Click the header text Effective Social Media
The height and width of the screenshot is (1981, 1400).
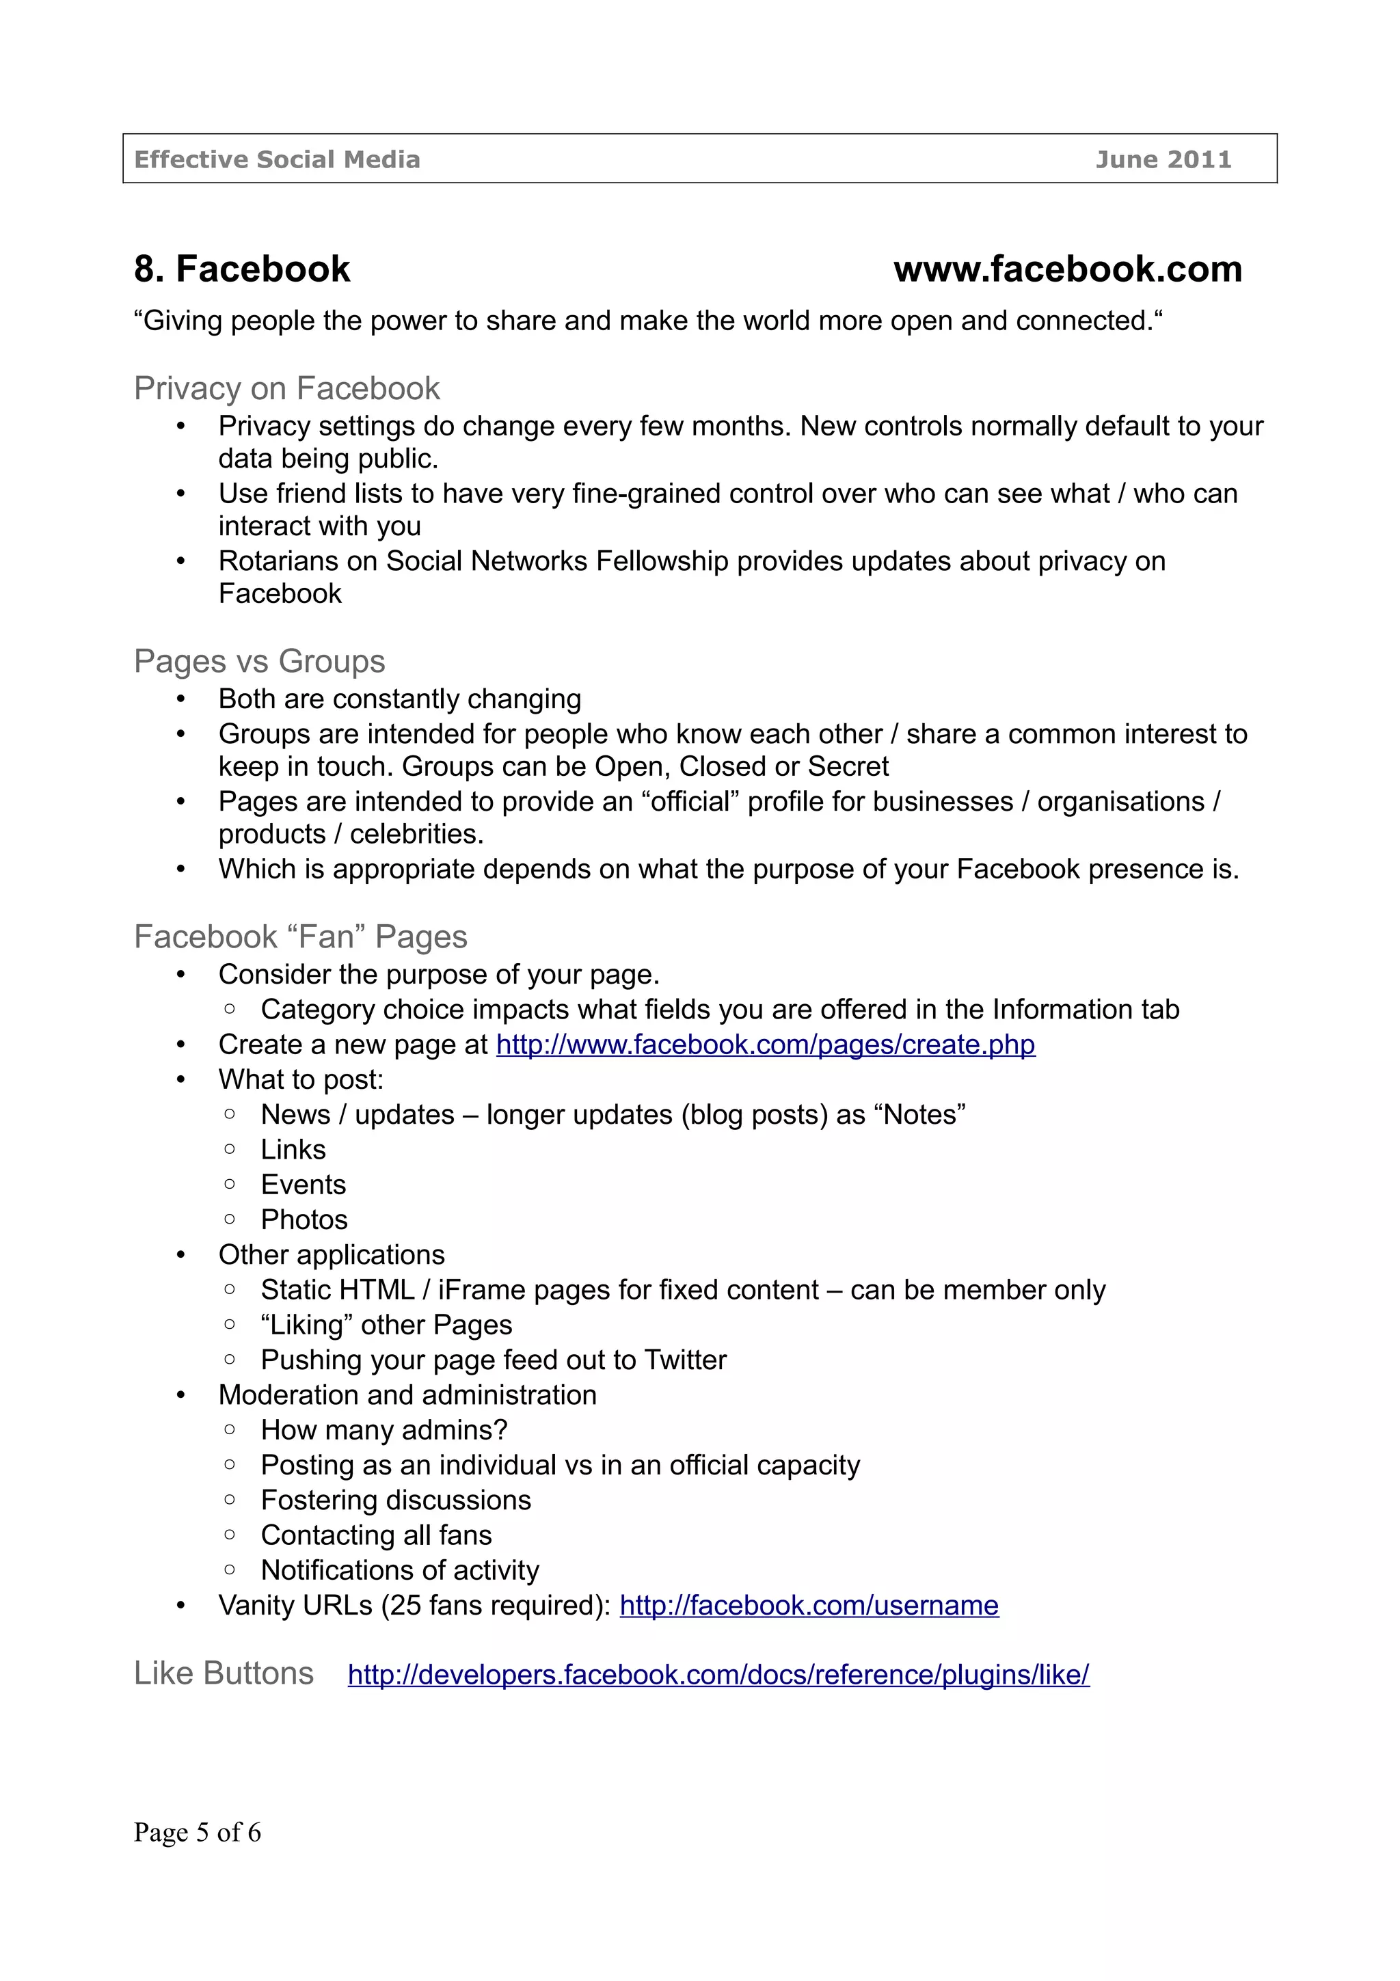pos(277,160)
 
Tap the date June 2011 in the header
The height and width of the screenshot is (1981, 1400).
pos(1163,160)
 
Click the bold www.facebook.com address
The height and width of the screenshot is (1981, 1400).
pos(1067,269)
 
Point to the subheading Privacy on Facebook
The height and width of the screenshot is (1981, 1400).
pos(286,389)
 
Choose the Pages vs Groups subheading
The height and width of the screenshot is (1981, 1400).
pos(259,662)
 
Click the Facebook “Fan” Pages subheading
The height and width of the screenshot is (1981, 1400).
pos(300,937)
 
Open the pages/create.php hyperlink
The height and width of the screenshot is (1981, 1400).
pos(765,1045)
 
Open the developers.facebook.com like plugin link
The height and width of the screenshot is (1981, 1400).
pos(718,1675)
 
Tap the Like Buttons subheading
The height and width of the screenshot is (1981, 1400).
pos(224,1674)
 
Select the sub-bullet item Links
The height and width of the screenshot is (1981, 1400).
pos(293,1150)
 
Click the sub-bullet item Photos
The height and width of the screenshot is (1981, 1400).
pos(304,1220)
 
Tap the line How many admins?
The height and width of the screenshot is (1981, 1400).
pos(384,1431)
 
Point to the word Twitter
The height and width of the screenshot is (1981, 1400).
pos(685,1360)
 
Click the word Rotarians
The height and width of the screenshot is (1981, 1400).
pos(278,562)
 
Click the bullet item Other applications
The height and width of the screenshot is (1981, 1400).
pos(332,1255)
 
